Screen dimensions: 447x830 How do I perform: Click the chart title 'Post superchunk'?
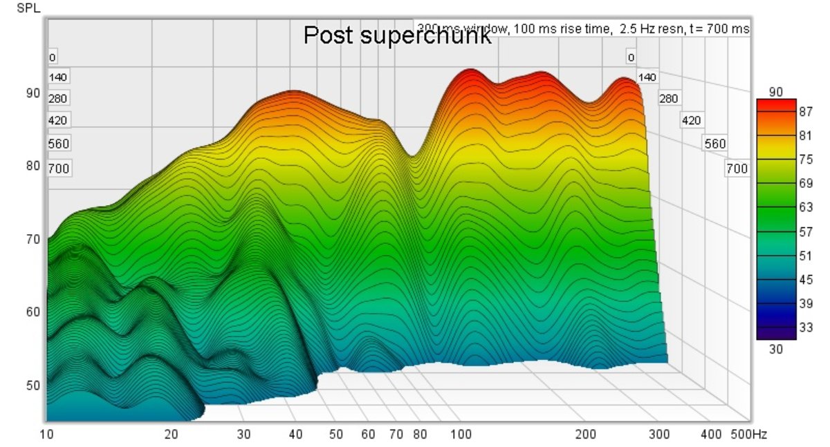pyautogui.click(x=397, y=36)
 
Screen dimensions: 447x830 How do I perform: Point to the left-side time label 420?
pyautogui.click(x=58, y=121)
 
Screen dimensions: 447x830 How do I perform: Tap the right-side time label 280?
pyautogui.click(x=668, y=99)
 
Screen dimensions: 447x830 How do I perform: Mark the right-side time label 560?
pyautogui.click(x=714, y=144)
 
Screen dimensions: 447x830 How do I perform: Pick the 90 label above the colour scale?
pyautogui.click(x=775, y=92)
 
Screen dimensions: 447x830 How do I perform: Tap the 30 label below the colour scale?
pyautogui.click(x=775, y=350)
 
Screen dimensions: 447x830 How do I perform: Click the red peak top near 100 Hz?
pyautogui.click(x=470, y=71)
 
